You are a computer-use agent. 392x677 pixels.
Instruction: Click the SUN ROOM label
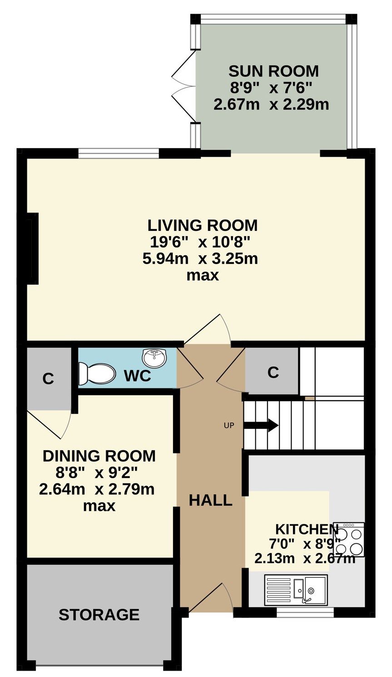point(273,71)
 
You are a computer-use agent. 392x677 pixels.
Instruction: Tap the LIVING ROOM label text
point(203,225)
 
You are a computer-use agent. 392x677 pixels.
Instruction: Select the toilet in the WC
point(97,374)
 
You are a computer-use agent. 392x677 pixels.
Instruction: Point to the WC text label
point(138,376)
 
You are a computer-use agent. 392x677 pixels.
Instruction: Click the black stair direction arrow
point(261,425)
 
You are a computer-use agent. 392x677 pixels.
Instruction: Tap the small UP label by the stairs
point(229,426)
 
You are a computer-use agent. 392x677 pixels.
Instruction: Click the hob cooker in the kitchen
point(349,539)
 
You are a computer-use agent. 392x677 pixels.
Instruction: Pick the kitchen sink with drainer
point(296,590)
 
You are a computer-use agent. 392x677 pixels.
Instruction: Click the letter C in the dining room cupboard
point(48,378)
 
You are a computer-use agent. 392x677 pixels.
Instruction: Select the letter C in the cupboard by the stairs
point(273,373)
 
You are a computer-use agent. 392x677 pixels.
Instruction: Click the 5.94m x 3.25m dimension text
point(200,259)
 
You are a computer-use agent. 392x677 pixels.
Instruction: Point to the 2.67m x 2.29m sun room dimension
point(271,105)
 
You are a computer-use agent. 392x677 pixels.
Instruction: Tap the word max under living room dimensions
point(203,276)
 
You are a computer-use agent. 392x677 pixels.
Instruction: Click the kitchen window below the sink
point(305,612)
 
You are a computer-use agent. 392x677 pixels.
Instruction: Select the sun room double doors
point(183,86)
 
